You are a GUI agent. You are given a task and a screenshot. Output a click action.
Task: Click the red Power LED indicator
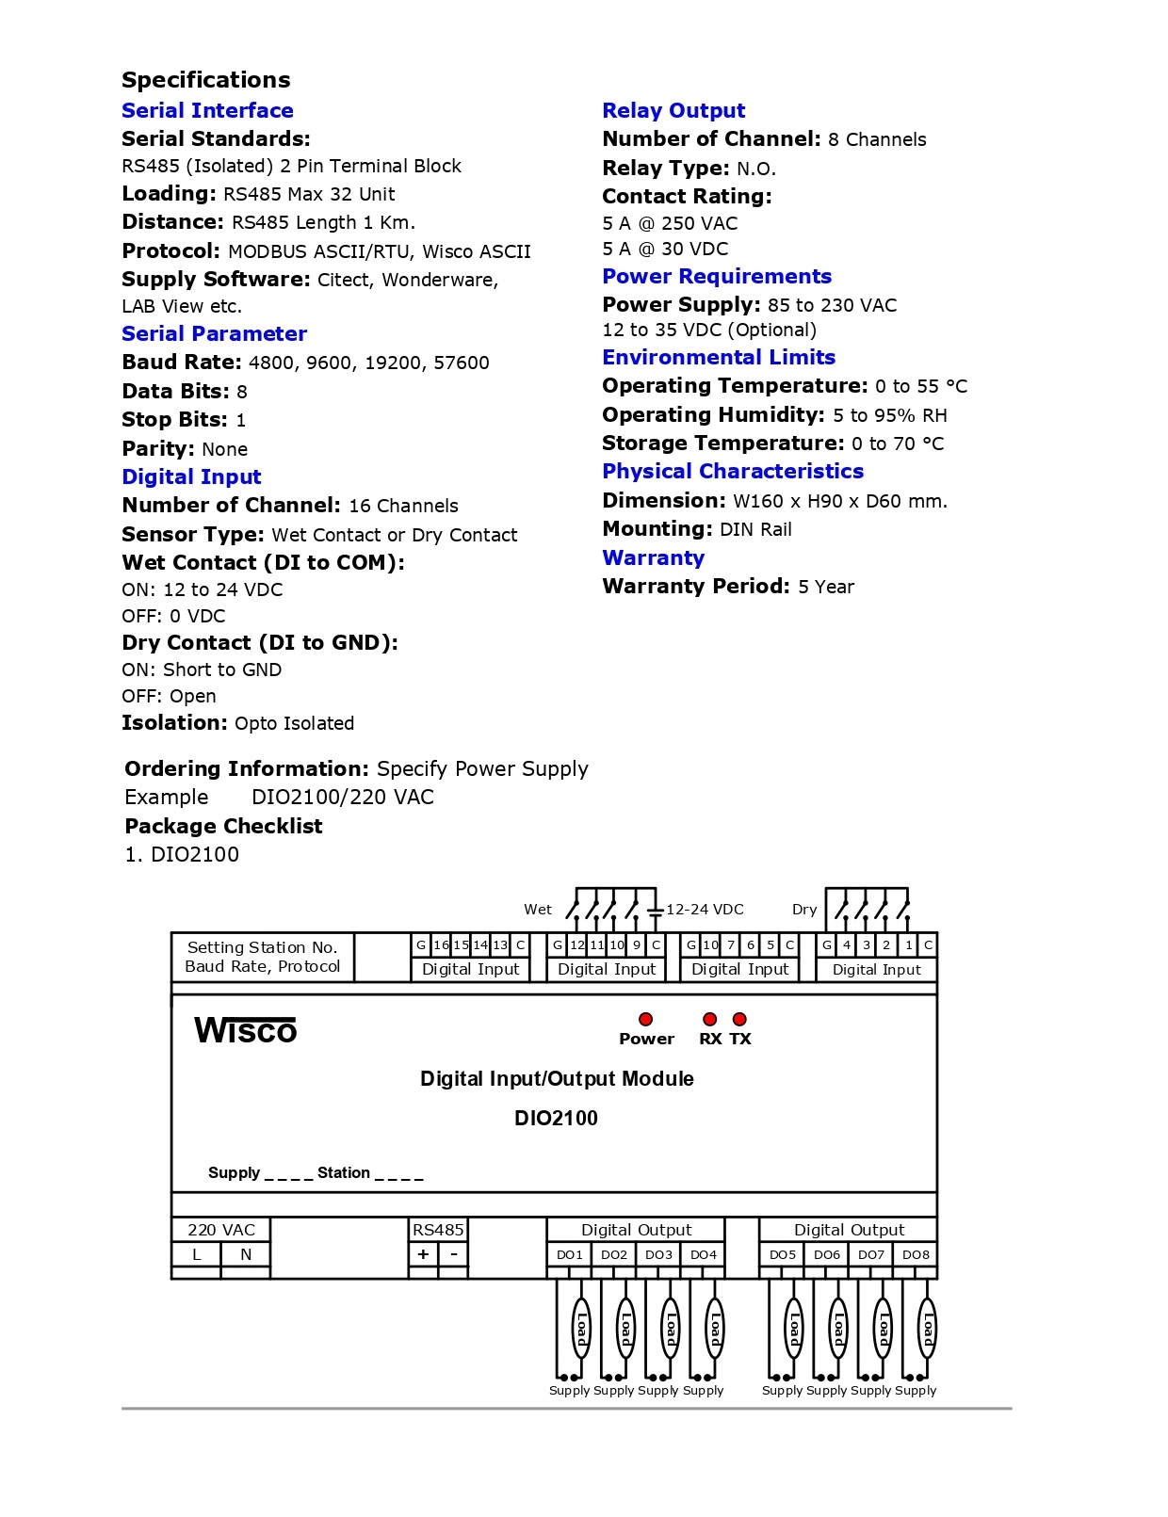tap(645, 1019)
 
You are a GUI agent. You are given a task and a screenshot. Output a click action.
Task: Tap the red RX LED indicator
tap(710, 1019)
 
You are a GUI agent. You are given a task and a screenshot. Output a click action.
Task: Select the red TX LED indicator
tap(740, 1019)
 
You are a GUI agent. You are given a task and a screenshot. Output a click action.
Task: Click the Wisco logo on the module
tap(245, 1030)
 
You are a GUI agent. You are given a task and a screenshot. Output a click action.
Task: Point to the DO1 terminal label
tap(570, 1254)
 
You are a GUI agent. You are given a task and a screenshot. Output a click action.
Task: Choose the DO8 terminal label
tap(916, 1254)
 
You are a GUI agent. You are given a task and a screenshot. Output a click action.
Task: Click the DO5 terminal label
tap(783, 1254)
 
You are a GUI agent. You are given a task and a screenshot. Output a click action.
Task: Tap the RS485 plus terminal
tap(424, 1254)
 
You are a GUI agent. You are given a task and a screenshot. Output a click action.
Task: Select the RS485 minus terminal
tap(454, 1254)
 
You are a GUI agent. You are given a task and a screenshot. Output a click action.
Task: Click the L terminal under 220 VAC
tap(196, 1254)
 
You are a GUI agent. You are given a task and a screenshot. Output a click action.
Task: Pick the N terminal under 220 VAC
tap(246, 1254)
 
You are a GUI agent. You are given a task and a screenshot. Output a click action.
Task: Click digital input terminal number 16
tap(441, 944)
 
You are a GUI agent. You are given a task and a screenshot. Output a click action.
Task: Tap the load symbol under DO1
tap(581, 1329)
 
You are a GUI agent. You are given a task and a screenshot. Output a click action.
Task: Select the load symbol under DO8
tap(928, 1329)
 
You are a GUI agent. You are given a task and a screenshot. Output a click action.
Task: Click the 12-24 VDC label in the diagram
tap(705, 910)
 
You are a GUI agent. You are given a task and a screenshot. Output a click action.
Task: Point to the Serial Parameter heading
tap(214, 333)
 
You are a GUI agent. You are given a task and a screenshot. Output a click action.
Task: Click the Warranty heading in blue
tap(653, 557)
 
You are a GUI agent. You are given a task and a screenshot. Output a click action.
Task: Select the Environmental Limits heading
tap(719, 357)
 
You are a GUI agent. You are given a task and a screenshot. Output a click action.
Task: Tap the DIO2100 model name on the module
tap(556, 1118)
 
